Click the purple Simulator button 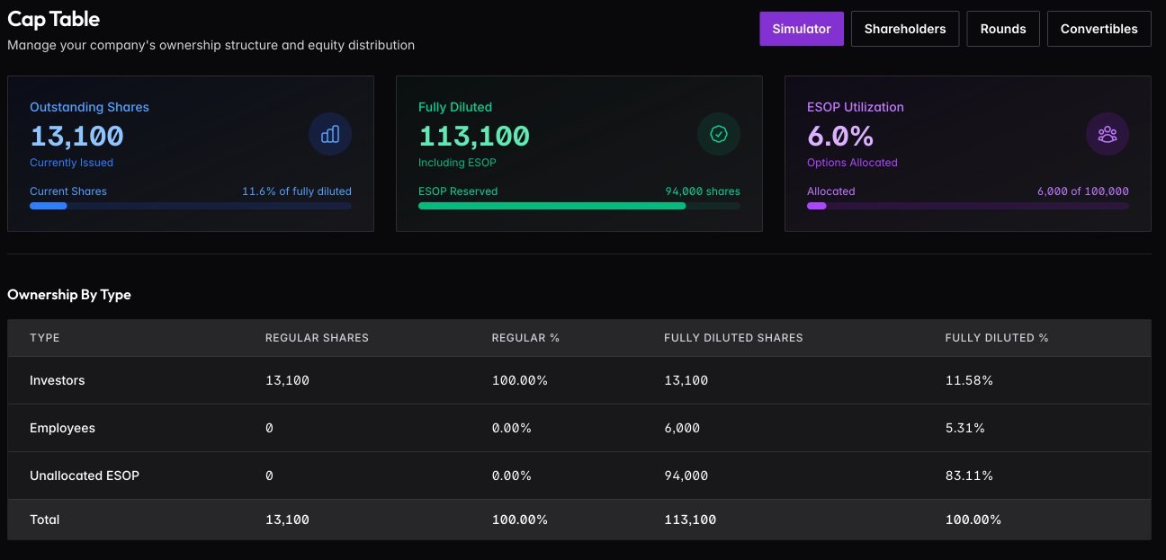pyautogui.click(x=802, y=29)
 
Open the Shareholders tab pyautogui.click(x=905, y=29)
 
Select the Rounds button pyautogui.click(x=1003, y=29)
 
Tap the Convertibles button pyautogui.click(x=1099, y=29)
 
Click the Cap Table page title pyautogui.click(x=54, y=19)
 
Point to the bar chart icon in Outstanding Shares pyautogui.click(x=330, y=134)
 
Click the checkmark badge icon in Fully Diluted pyautogui.click(x=719, y=134)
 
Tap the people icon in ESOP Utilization pyautogui.click(x=1108, y=134)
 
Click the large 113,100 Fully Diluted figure pyautogui.click(x=474, y=136)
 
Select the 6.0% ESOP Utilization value pyautogui.click(x=840, y=136)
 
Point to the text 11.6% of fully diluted pyautogui.click(x=297, y=191)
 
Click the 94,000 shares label pyautogui.click(x=703, y=191)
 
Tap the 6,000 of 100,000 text pyautogui.click(x=1083, y=191)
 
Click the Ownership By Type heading pyautogui.click(x=69, y=295)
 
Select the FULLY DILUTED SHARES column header pyautogui.click(x=733, y=338)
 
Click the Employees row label pyautogui.click(x=62, y=428)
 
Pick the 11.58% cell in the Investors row pyautogui.click(x=969, y=380)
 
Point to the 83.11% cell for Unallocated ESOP pyautogui.click(x=969, y=476)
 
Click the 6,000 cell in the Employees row pyautogui.click(x=682, y=428)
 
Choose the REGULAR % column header pyautogui.click(x=525, y=338)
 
